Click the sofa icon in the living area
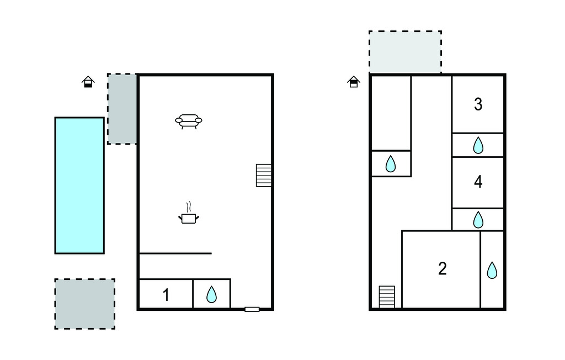click(189, 121)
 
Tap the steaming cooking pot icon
click(189, 214)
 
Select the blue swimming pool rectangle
click(79, 186)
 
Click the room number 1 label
click(166, 295)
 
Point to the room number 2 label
click(443, 269)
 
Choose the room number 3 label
click(478, 104)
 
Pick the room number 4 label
click(478, 182)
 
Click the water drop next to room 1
click(211, 294)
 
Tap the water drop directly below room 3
click(478, 145)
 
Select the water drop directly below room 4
click(478, 220)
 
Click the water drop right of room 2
click(492, 270)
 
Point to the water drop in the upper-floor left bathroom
click(391, 164)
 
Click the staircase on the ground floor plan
click(264, 176)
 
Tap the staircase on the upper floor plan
click(387, 297)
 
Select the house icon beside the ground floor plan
click(88, 82)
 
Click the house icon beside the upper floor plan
click(354, 82)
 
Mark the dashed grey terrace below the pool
click(84, 304)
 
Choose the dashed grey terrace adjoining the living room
click(122, 109)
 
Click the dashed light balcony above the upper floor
click(405, 52)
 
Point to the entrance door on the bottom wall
click(252, 309)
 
